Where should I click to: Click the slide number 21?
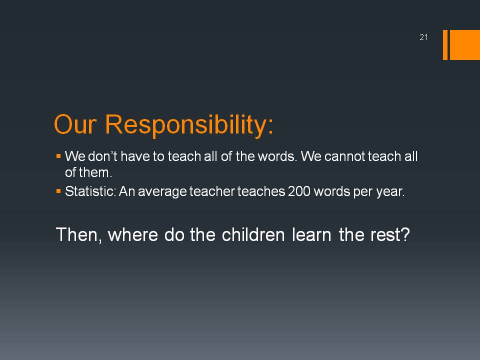pyautogui.click(x=423, y=37)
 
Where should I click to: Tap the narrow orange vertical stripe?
pyautogui.click(x=445, y=44)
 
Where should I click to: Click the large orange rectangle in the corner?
pyautogui.click(x=464, y=44)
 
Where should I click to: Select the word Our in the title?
pyautogui.click(x=75, y=124)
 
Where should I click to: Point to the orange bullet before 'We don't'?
pyautogui.click(x=58, y=156)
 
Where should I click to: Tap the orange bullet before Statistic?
pyautogui.click(x=58, y=191)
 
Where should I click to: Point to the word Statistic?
pyautogui.click(x=89, y=191)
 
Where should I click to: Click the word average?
pyautogui.click(x=162, y=192)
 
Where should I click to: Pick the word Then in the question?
pyautogui.click(x=77, y=235)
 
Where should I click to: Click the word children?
pyautogui.click(x=253, y=234)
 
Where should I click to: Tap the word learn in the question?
pyautogui.click(x=311, y=234)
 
